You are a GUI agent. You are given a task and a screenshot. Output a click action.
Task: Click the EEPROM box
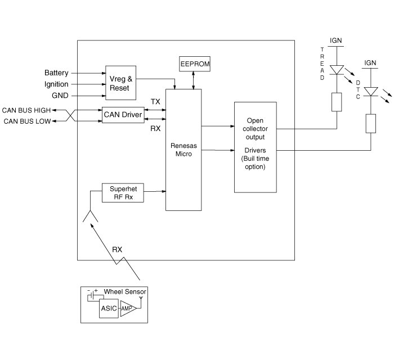point(195,64)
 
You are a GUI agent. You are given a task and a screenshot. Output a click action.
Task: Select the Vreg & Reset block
point(119,84)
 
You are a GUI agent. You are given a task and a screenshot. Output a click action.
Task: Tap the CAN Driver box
point(123,115)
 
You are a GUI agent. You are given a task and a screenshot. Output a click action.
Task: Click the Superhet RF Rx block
point(123,193)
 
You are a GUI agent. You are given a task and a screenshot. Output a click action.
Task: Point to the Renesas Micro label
point(183,149)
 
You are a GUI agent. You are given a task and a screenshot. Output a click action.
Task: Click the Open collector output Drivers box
point(255,147)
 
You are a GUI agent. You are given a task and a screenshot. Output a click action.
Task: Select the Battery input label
point(56,73)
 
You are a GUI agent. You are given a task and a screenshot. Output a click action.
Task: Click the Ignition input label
point(56,84)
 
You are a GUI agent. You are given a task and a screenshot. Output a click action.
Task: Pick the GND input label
point(60,95)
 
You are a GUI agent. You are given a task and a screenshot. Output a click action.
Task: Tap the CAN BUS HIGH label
point(26,110)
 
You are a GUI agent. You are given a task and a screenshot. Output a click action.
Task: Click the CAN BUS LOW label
point(26,121)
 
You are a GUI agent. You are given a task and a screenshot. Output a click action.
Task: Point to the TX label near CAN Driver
point(155,101)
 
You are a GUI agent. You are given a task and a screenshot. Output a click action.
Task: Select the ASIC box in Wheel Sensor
point(109,309)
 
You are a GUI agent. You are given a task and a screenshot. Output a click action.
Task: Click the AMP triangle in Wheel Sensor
point(128,309)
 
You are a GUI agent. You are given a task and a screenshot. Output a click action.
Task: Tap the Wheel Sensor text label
point(125,291)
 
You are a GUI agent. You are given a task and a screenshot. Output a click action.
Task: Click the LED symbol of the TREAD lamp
point(336,70)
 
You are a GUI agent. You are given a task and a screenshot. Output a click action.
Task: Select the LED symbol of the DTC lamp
point(370,91)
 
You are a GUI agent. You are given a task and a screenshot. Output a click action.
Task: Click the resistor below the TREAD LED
point(336,102)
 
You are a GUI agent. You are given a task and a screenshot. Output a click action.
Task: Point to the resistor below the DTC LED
point(370,123)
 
